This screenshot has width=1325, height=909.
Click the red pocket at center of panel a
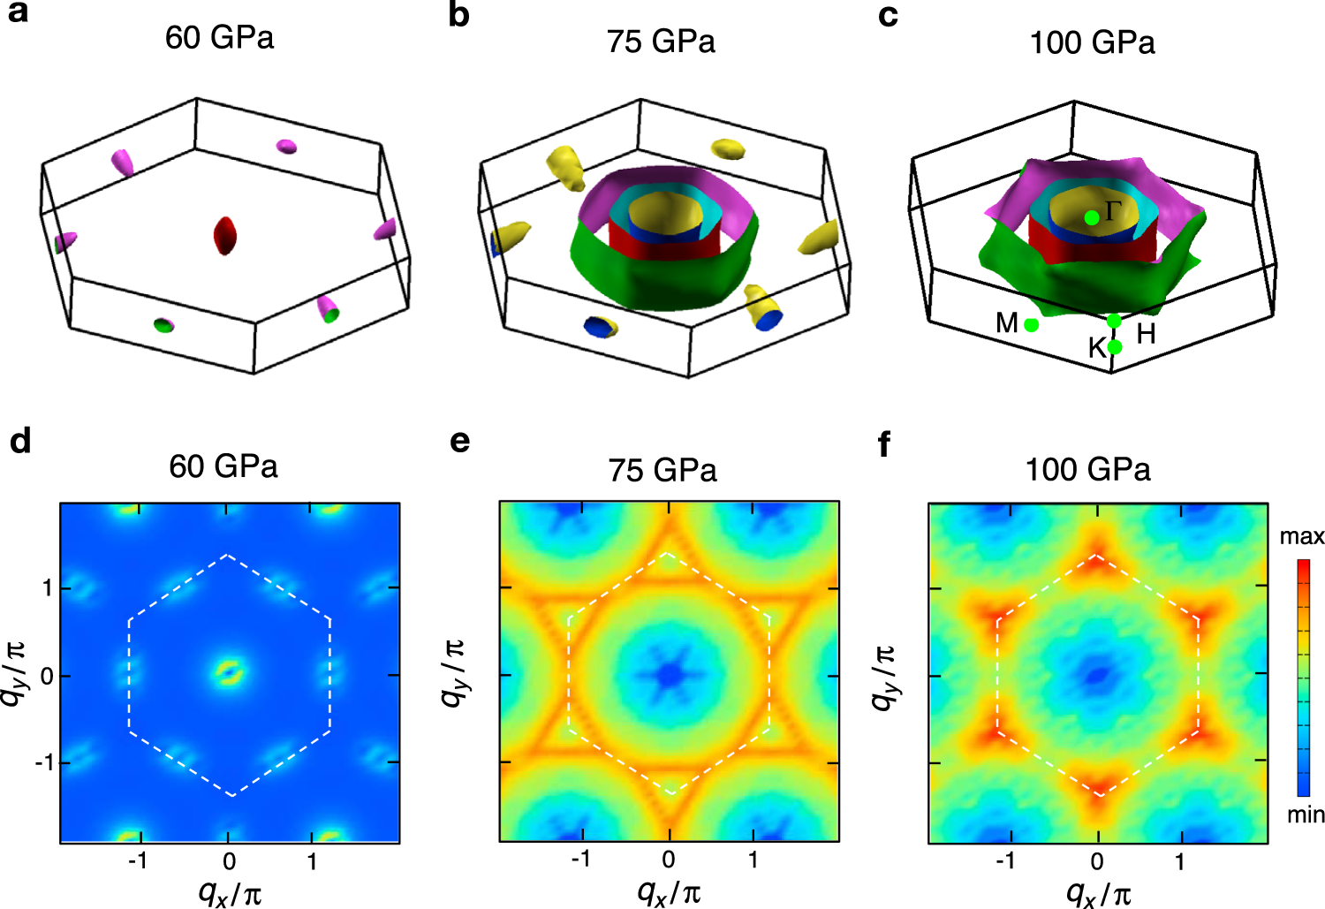(x=226, y=235)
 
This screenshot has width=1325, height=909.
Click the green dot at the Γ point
(x=1093, y=217)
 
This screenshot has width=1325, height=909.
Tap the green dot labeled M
(x=1031, y=325)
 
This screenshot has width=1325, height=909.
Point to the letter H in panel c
(x=1146, y=334)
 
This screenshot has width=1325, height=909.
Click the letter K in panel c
(x=1096, y=348)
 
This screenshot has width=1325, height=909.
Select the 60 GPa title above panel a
(x=219, y=38)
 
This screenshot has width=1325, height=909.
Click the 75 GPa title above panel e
(x=662, y=470)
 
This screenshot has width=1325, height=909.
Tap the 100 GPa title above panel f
(x=1087, y=469)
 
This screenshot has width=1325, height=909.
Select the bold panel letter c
(x=889, y=17)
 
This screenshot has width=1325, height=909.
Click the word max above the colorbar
(x=1301, y=536)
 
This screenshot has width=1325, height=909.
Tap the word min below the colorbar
(x=1305, y=814)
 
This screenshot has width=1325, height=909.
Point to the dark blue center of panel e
(x=669, y=675)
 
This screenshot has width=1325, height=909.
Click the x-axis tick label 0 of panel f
(x=1096, y=861)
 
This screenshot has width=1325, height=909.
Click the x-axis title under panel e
(x=670, y=892)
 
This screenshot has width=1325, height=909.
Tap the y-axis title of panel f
(x=882, y=677)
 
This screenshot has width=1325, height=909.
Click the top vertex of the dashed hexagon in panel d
(x=229, y=555)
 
